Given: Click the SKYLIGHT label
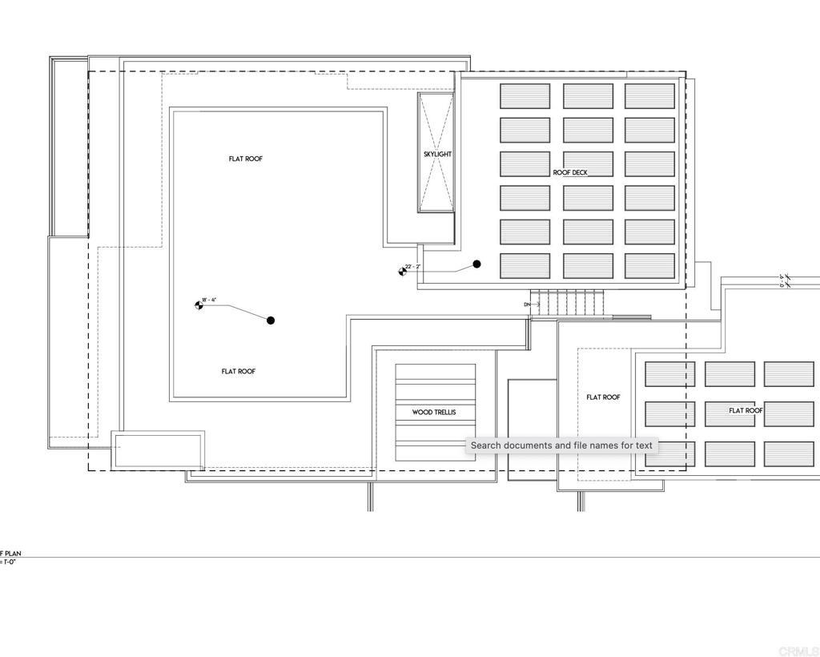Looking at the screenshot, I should pyautogui.click(x=437, y=154).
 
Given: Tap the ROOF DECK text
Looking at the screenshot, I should pyautogui.click(x=570, y=172).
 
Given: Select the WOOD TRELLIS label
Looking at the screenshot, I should pyautogui.click(x=434, y=413).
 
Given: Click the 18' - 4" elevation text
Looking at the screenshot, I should pyautogui.click(x=209, y=300).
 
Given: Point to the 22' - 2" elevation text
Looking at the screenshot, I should pyautogui.click(x=412, y=266).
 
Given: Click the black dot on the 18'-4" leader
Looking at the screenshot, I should pyautogui.click(x=271, y=320).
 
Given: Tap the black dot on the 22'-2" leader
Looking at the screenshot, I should pyautogui.click(x=477, y=264).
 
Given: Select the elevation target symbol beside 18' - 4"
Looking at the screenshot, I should pyautogui.click(x=199, y=305).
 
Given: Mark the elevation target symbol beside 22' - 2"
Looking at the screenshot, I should pyautogui.click(x=402, y=272).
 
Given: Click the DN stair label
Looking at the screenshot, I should pyautogui.click(x=527, y=304).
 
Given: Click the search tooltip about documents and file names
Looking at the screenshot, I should pyautogui.click(x=561, y=445).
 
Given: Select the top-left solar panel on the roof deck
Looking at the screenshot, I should pyautogui.click(x=525, y=96).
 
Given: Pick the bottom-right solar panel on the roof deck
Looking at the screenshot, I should pyautogui.click(x=649, y=266).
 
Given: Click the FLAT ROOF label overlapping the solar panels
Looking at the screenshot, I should pyautogui.click(x=746, y=410).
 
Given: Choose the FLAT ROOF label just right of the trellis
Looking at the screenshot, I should pyautogui.click(x=603, y=397).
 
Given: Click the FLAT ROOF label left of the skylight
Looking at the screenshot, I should pyautogui.click(x=246, y=159).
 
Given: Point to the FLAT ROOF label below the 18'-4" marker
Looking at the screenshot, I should pyautogui.click(x=239, y=372).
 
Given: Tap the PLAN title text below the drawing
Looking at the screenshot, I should pyautogui.click(x=10, y=554).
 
